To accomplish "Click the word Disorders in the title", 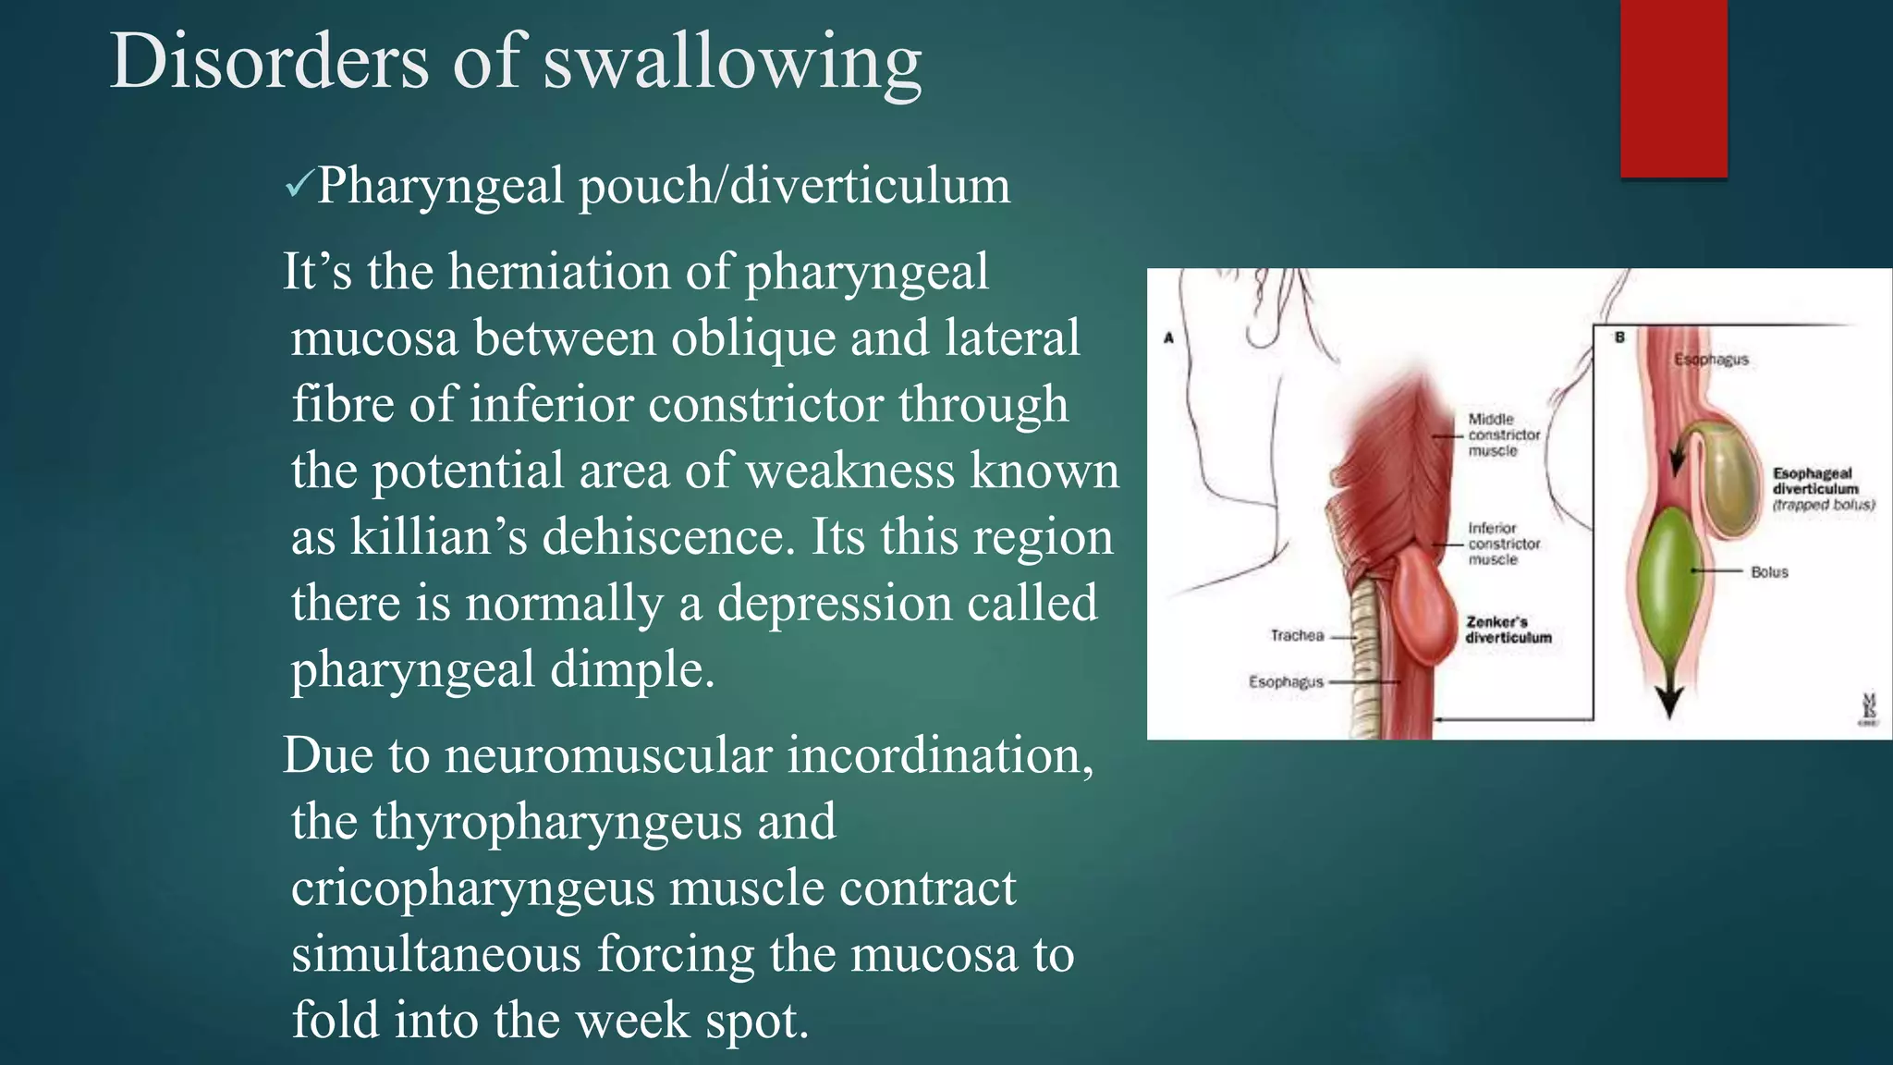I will [269, 62].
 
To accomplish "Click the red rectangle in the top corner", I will [1673, 88].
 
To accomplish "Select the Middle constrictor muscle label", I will [1504, 435].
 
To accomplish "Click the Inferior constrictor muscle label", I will [1504, 544].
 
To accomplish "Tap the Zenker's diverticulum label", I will [1508, 630].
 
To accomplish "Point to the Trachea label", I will [1297, 636].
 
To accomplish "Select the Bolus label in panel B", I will [1769, 572].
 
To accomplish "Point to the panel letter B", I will [1619, 337].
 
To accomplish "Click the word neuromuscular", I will [608, 755].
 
